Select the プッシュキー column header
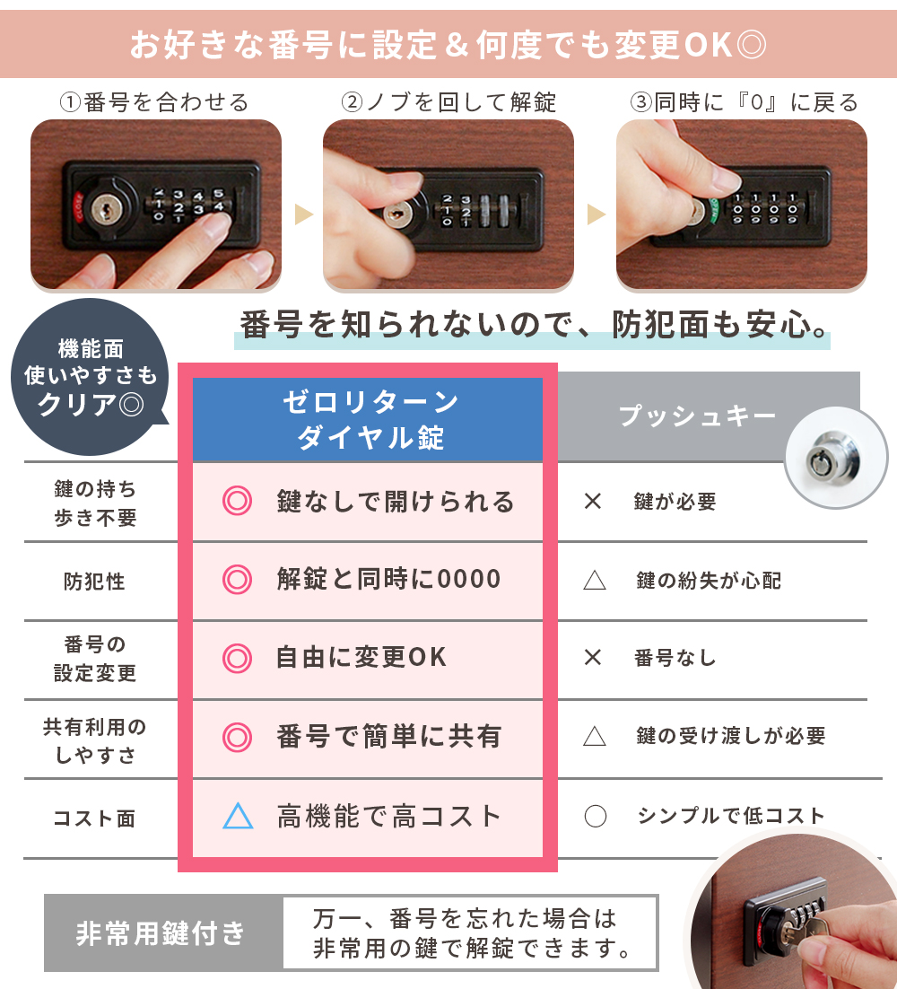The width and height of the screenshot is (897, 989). coord(697,416)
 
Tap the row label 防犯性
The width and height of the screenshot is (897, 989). coord(94,582)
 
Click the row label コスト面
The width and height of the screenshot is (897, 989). coord(94,818)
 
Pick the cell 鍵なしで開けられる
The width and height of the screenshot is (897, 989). coord(395,502)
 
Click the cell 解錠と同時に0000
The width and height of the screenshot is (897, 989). coord(388,580)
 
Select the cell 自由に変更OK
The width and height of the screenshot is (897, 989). coord(361,658)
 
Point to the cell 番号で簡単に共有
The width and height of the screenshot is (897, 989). coord(388,737)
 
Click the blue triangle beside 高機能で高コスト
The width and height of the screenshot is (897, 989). coord(237,816)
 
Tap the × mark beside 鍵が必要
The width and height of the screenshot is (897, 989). coord(592,502)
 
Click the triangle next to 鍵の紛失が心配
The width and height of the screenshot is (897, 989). coord(594,581)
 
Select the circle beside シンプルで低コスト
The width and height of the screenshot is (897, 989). coord(595,817)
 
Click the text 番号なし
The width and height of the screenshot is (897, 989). coord(675,659)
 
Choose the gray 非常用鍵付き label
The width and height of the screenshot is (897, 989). coord(162,933)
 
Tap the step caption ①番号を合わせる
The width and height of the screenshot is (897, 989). coord(154,102)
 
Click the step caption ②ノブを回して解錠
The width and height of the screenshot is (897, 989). coord(448,102)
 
